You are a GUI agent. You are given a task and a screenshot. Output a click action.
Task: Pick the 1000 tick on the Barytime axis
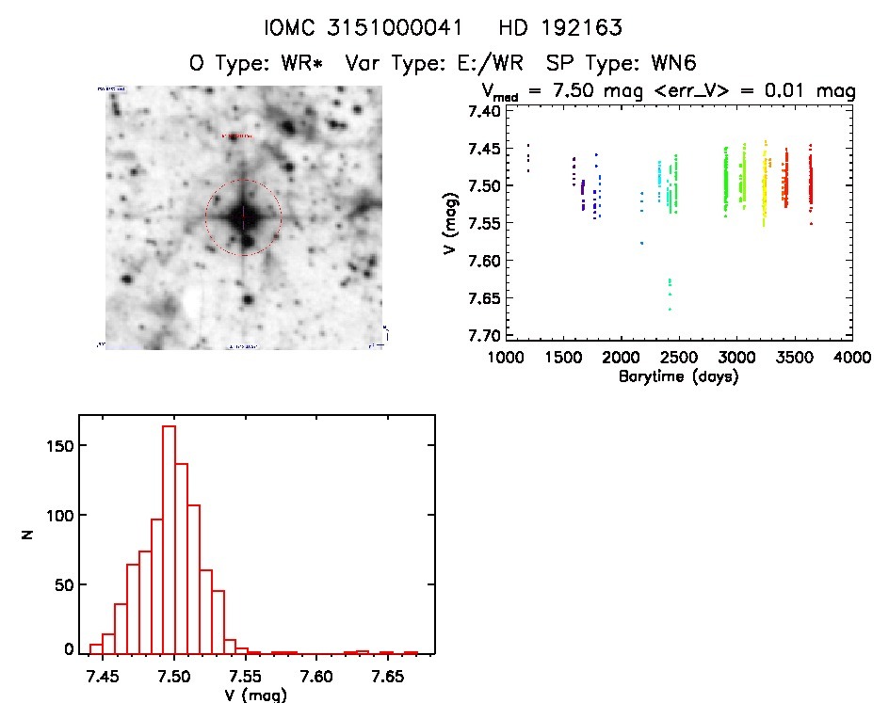(x=506, y=359)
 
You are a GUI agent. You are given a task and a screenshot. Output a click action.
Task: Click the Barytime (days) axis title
(x=678, y=376)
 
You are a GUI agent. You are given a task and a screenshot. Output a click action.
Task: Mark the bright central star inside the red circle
(x=243, y=216)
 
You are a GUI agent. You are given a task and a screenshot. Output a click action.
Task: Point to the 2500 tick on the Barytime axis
(x=679, y=359)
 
